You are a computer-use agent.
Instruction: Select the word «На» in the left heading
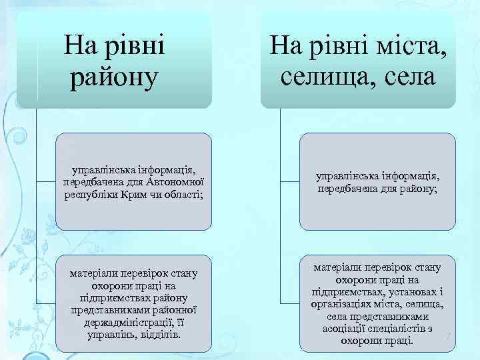point(80,47)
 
